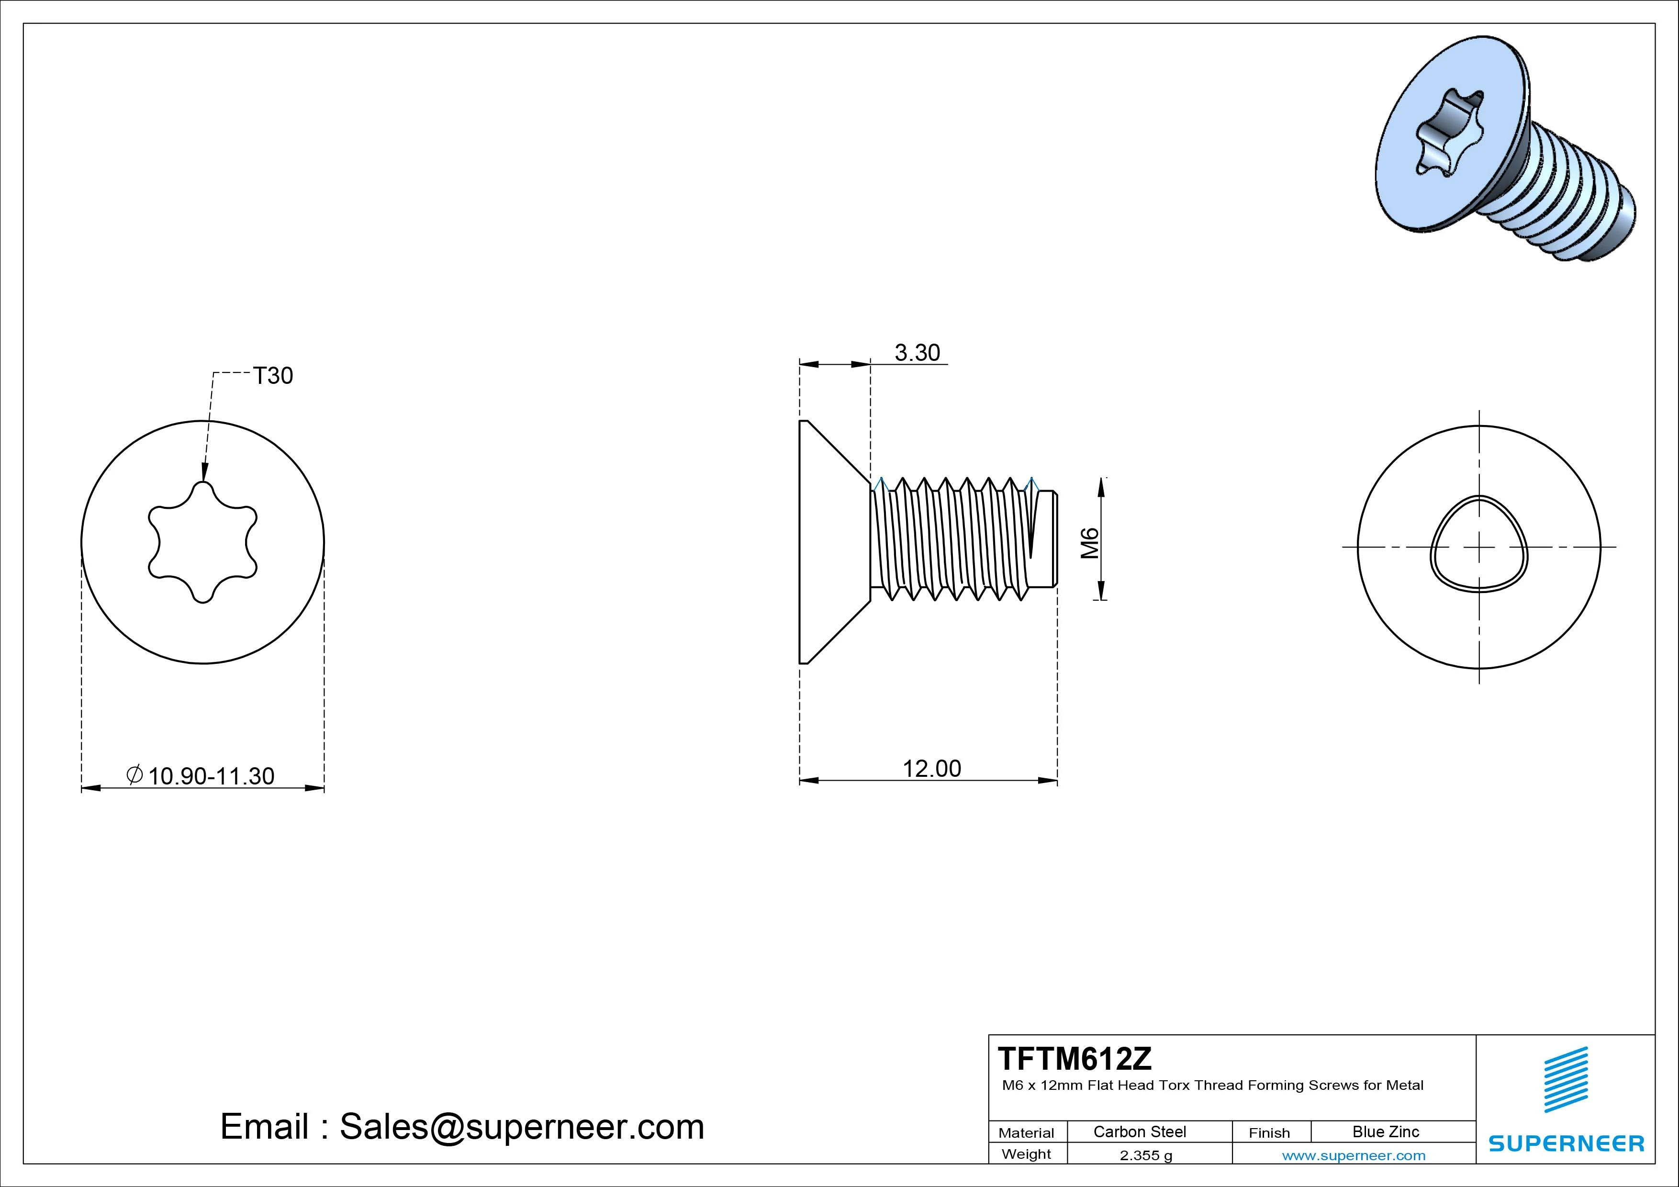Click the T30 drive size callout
click(x=273, y=376)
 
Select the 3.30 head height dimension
click(x=917, y=353)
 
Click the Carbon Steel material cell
click(x=1139, y=1131)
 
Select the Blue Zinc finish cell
click(x=1385, y=1131)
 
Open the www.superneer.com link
click(x=1354, y=1155)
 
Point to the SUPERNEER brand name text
click(x=1566, y=1143)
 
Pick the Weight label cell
click(x=1026, y=1154)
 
